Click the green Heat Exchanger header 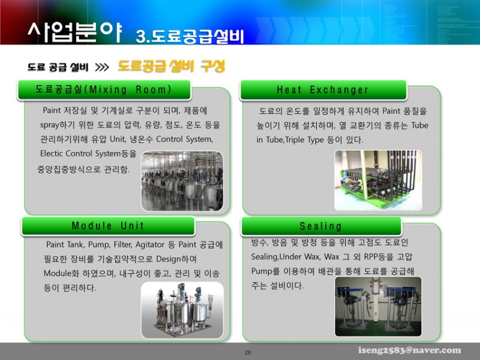(x=323, y=89)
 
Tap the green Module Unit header (x=108, y=226)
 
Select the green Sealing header (x=321, y=226)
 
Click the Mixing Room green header (x=104, y=89)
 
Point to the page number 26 (x=248, y=352)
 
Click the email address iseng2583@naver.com (x=410, y=350)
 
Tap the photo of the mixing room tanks (x=182, y=181)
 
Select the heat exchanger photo (x=378, y=180)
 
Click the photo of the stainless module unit (x=182, y=310)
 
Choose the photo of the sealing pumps (x=378, y=307)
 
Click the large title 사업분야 (x=74, y=32)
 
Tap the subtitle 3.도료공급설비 (x=190, y=37)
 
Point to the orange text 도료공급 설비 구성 (x=172, y=66)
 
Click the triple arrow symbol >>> (x=102, y=67)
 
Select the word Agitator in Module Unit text (x=150, y=245)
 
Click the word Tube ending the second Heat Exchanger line (x=419, y=125)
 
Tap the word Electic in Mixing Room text (x=51, y=154)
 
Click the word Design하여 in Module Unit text (x=176, y=259)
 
